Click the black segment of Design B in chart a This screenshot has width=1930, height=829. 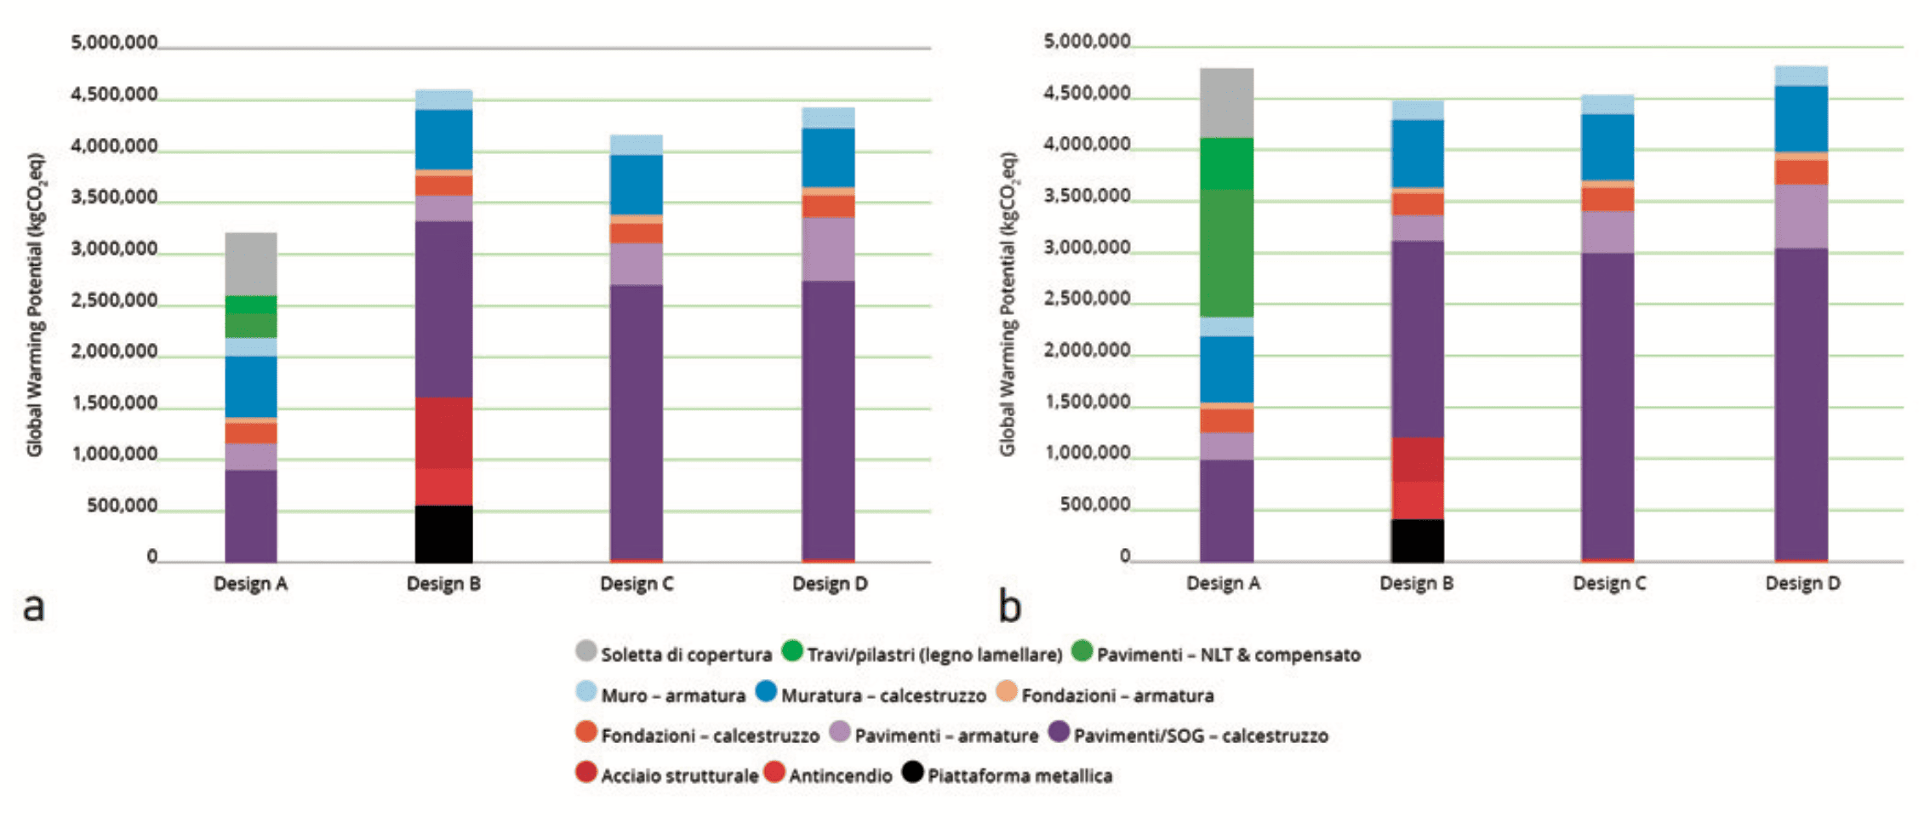[443, 534]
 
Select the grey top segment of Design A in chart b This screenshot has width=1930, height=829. [1226, 103]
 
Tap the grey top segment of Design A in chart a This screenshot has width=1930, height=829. [251, 264]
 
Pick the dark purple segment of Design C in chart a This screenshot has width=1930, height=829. [637, 421]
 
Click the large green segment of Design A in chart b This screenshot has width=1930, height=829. [1226, 253]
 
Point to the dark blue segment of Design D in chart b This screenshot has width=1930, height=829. [1801, 118]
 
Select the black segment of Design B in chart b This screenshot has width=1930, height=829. [1417, 540]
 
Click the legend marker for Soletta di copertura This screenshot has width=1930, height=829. [586, 651]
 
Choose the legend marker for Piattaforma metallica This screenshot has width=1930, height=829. [913, 772]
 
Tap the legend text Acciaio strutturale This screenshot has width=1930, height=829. [679, 776]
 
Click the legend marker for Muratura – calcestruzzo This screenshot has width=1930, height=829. [766, 691]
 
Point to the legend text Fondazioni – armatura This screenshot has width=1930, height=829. [1117, 695]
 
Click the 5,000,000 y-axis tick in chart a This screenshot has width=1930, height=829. [114, 43]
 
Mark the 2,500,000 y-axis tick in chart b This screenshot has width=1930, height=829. [1087, 299]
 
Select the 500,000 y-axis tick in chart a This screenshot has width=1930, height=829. [122, 506]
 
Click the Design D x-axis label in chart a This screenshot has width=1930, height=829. [830, 584]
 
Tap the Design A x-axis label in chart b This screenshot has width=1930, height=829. [1223, 584]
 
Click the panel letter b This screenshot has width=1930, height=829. [1009, 607]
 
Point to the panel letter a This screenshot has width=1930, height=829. [33, 607]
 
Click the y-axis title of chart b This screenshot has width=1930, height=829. [1008, 304]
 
